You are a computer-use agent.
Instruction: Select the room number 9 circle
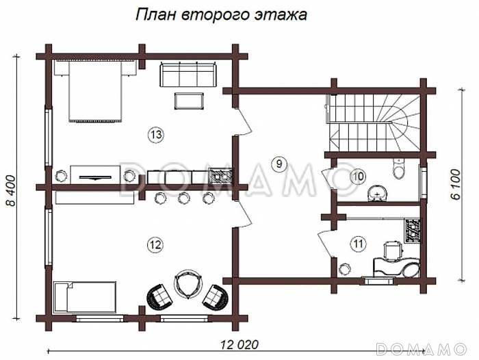pos(277,163)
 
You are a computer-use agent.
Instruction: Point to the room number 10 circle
pos(357,177)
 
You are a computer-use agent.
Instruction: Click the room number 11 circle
pos(357,243)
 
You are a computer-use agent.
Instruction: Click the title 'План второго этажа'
pos(220,14)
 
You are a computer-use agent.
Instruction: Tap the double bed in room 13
pos(96,90)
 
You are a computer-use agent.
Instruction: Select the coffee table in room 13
pos(189,101)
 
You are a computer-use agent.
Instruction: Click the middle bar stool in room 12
pos(183,198)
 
